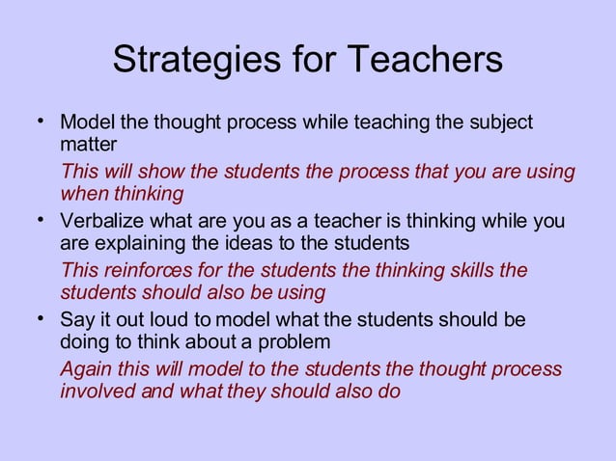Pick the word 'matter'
coord(88,145)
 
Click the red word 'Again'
coord(84,370)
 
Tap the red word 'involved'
coord(95,392)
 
